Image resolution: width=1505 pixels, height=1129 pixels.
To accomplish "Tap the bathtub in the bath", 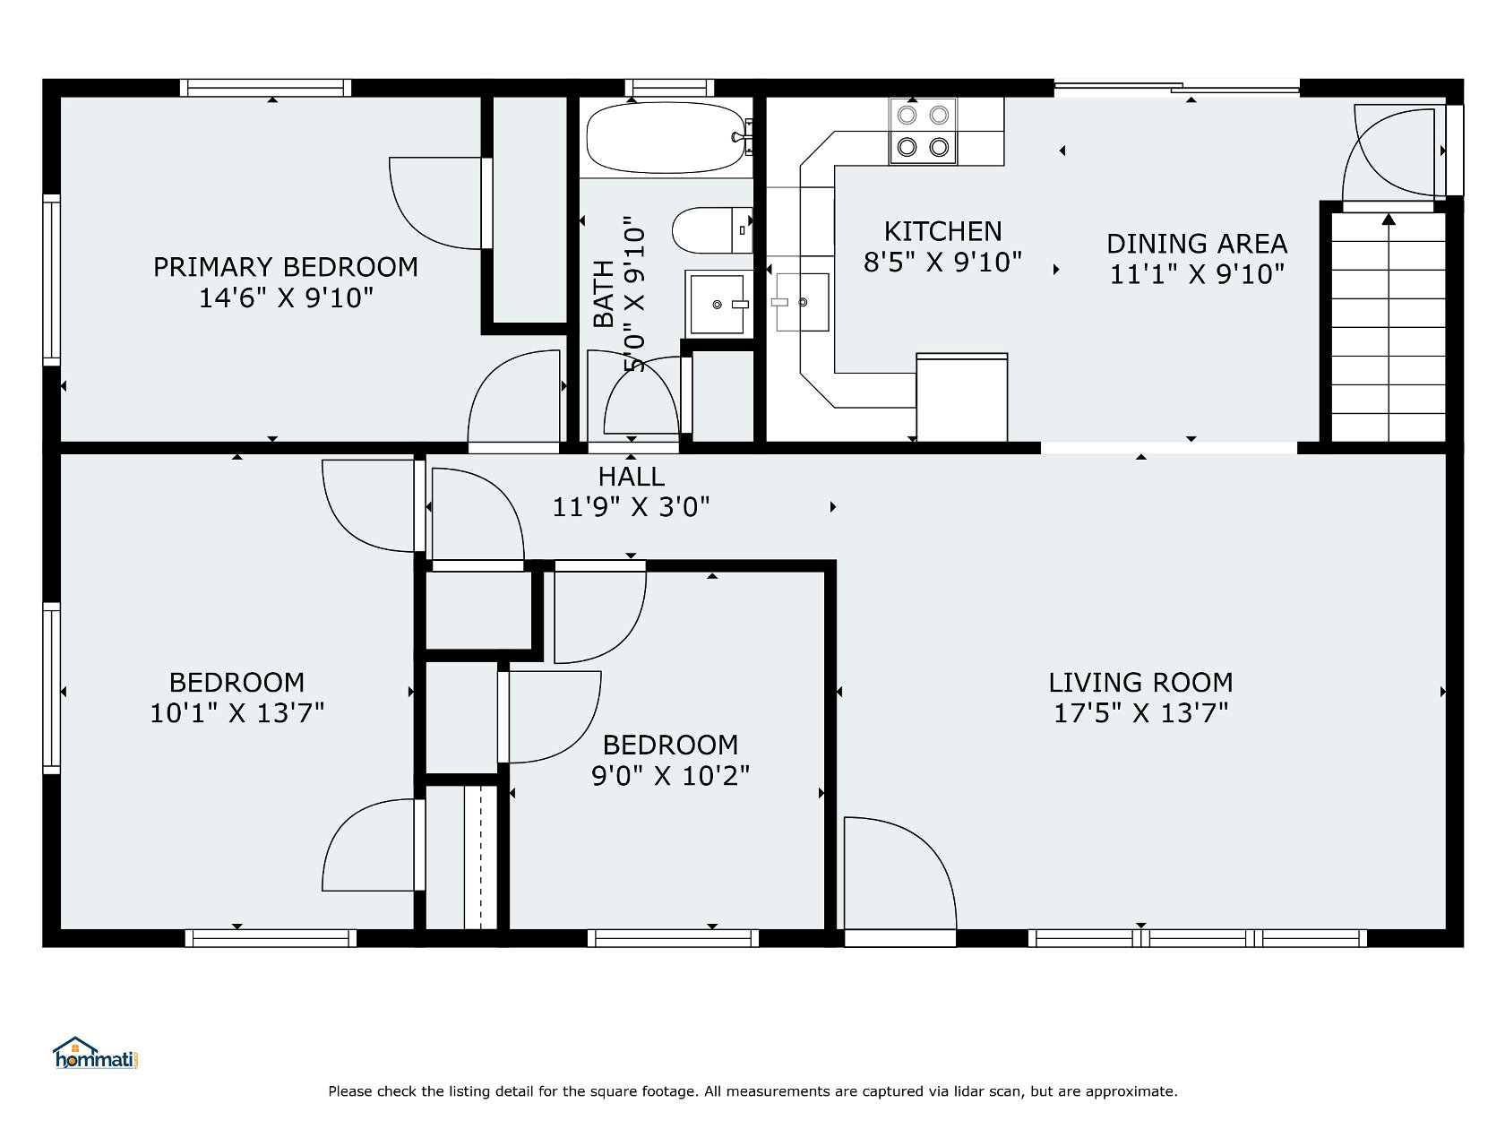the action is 666,137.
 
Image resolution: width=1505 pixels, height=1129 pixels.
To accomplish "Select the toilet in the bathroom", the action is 711,230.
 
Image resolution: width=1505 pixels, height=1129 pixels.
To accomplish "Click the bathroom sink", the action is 718,304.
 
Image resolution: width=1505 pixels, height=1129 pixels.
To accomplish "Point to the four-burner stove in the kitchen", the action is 923,131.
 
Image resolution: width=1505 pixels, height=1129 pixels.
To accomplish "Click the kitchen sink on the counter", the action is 801,302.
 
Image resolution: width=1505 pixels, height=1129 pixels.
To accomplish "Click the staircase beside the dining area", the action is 1388,327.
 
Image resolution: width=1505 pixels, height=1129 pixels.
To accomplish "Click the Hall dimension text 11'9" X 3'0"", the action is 631,507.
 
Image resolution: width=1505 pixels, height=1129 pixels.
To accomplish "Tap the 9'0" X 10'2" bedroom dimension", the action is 670,776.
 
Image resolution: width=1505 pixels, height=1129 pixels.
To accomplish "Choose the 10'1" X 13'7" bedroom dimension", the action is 236,713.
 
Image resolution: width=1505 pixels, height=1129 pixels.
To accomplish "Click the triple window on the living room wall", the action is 1197,938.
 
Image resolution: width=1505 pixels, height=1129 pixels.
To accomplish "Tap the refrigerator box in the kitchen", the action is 961,398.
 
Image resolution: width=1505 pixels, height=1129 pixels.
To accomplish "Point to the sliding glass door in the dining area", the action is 1176,88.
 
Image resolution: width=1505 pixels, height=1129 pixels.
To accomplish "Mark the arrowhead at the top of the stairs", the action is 1389,219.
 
